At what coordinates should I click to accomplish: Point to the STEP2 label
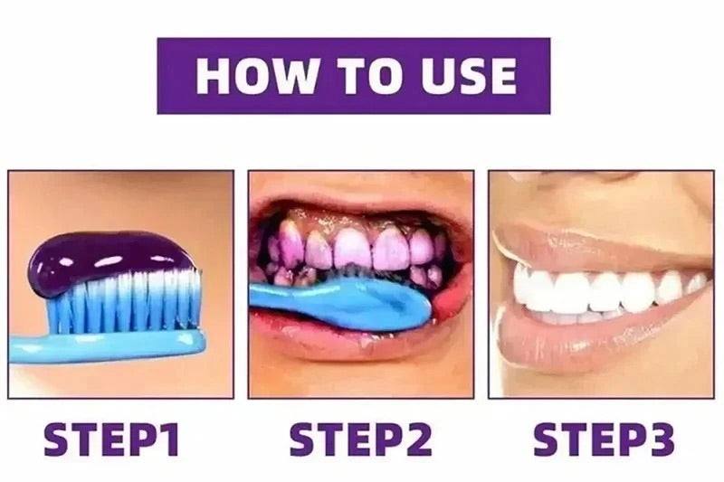(361, 440)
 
